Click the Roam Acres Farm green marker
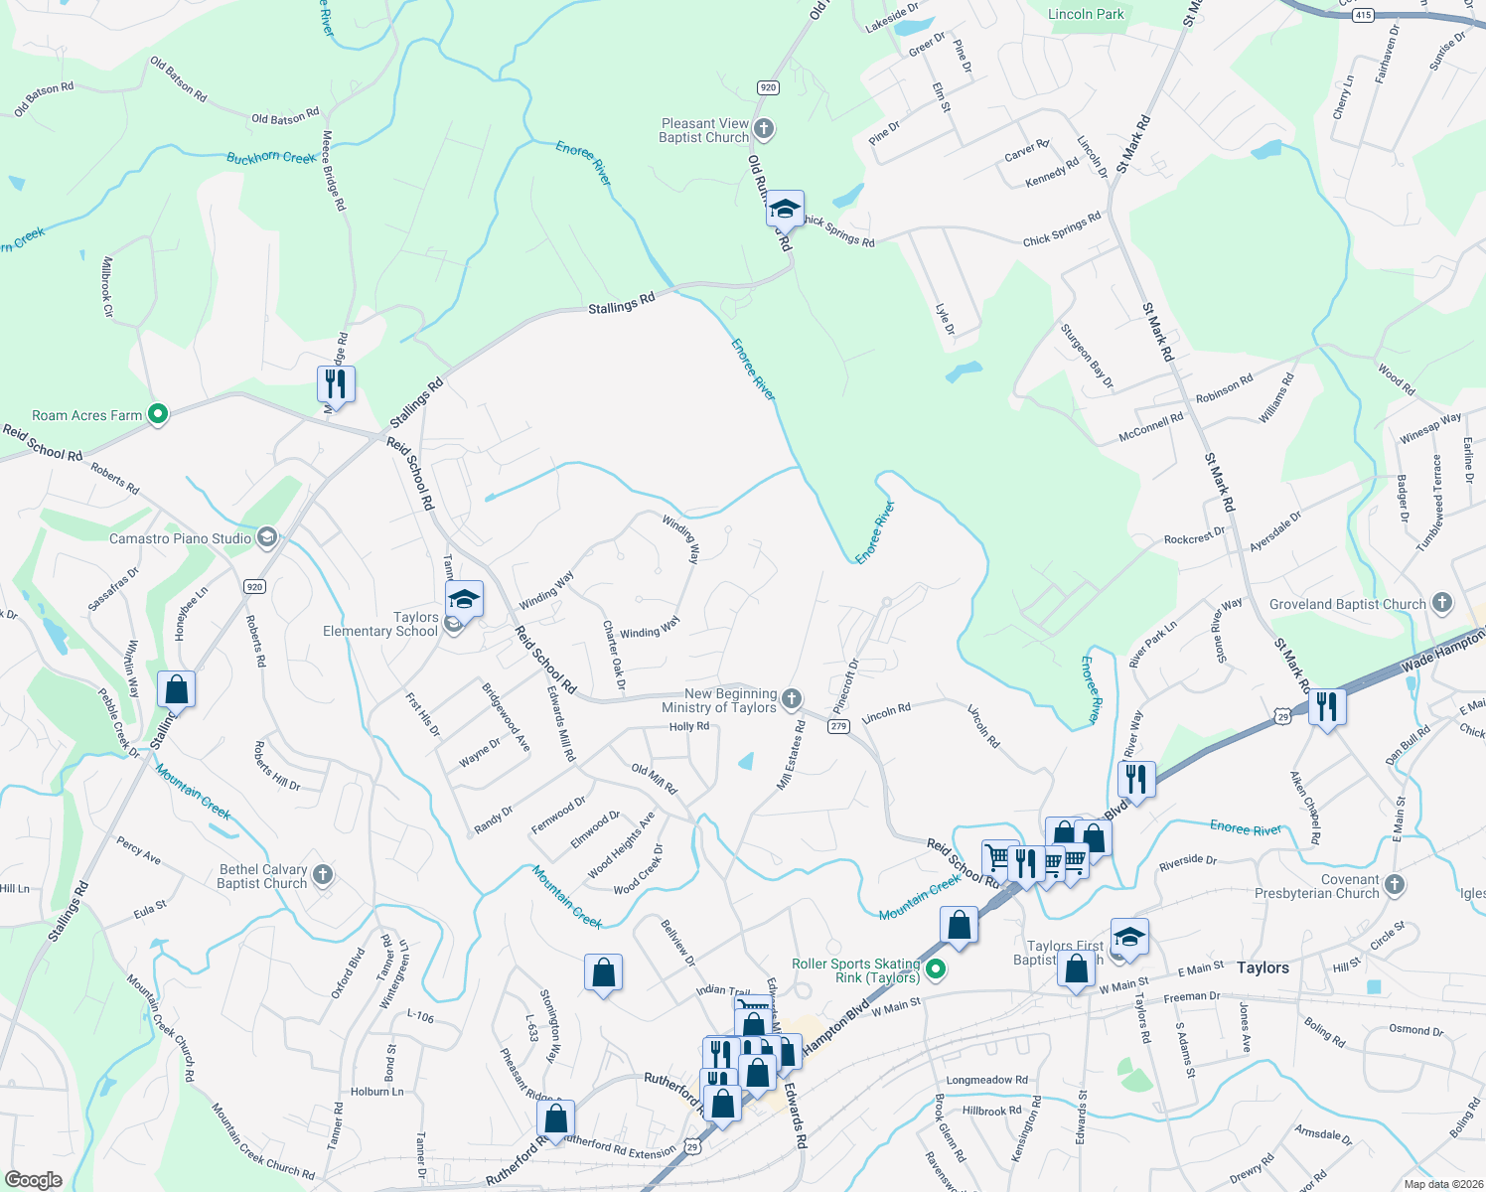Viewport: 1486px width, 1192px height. point(158,414)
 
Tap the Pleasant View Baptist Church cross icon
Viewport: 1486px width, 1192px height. point(764,129)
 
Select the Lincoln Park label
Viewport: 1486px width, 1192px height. point(1086,14)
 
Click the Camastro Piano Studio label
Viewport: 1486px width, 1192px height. point(180,538)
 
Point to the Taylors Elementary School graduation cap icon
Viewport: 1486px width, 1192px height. point(464,600)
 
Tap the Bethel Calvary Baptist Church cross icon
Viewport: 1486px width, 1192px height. point(322,875)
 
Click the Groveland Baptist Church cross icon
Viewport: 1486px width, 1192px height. point(1442,603)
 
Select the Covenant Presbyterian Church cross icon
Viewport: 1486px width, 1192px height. point(1395,884)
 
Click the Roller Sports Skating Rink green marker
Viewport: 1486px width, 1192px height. point(935,968)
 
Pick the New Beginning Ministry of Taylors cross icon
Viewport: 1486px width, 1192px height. point(792,699)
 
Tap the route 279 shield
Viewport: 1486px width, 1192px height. point(837,727)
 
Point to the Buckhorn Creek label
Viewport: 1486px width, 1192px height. point(271,158)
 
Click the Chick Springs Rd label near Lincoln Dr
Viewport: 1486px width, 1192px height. point(1062,229)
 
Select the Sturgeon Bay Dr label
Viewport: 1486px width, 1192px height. point(1087,356)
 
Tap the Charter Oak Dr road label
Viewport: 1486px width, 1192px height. point(614,656)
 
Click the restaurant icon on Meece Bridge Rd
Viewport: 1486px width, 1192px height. point(336,383)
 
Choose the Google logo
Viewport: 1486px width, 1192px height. point(34,1179)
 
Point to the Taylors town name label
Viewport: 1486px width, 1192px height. point(1263,968)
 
